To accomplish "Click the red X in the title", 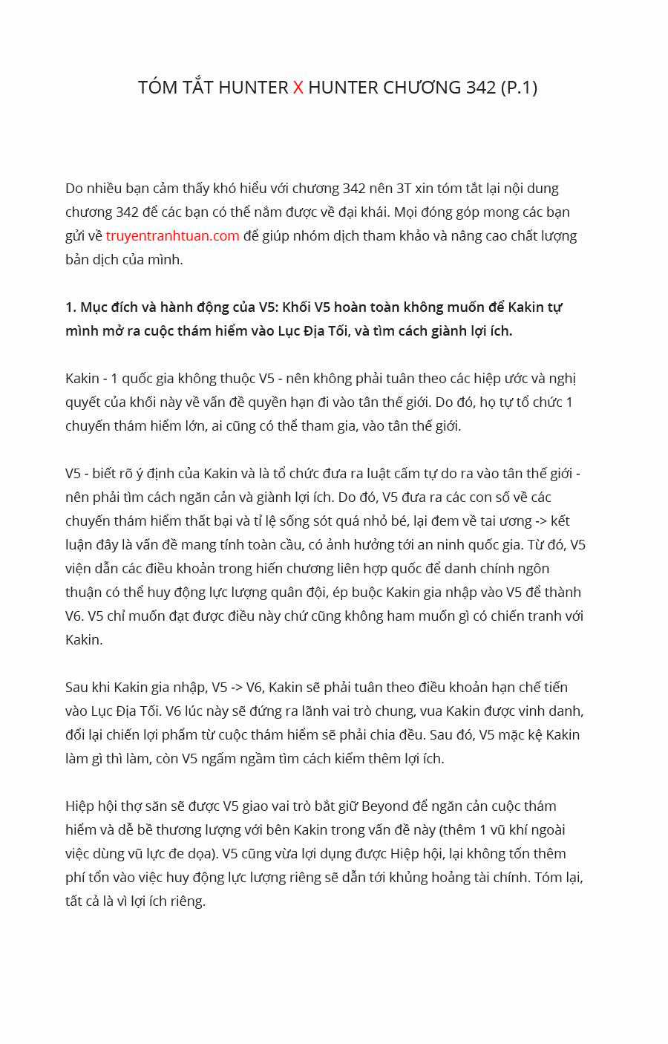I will tap(298, 88).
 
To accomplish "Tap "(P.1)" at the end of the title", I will tap(519, 88).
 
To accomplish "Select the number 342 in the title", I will tap(481, 88).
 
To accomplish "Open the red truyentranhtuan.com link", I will tap(172, 236).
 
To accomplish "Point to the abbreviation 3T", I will tap(405, 189).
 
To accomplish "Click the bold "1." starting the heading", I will tap(71, 307).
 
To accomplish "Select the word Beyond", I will tap(385, 806).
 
